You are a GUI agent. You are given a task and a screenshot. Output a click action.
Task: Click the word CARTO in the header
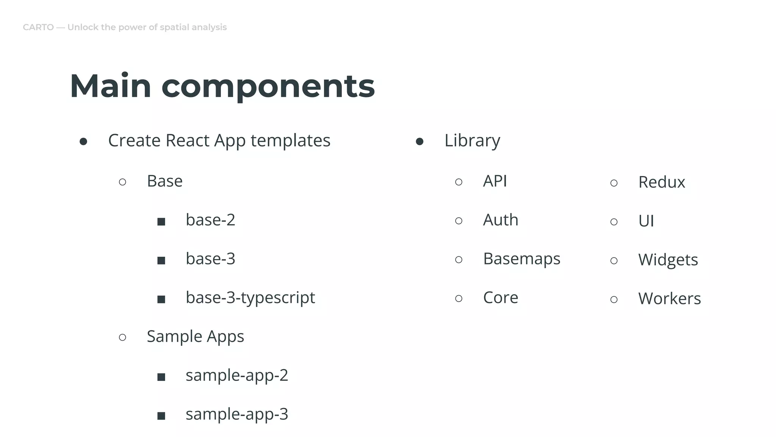[38, 27]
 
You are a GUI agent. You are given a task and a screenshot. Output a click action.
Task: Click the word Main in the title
[110, 86]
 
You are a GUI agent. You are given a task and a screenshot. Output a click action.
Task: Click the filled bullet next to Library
[419, 142]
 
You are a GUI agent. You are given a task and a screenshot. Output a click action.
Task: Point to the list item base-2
[210, 220]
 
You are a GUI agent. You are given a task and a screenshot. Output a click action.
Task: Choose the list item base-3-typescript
[250, 298]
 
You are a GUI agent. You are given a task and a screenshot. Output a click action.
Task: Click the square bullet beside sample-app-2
[161, 377]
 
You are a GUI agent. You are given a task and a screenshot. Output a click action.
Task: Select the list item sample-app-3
[237, 414]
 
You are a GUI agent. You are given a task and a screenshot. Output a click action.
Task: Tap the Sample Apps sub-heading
[195, 336]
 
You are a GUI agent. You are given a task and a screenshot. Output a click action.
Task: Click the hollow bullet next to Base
[122, 182]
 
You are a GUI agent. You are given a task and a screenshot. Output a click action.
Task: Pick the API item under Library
[495, 181]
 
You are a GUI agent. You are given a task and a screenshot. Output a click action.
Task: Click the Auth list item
[501, 220]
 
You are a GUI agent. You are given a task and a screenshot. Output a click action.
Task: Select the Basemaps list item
[521, 259]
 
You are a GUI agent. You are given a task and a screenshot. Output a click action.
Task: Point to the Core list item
[501, 298]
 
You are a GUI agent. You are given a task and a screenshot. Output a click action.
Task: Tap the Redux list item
[662, 182]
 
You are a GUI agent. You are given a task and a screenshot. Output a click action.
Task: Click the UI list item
[646, 221]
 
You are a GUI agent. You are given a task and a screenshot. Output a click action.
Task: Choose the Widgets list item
[668, 260]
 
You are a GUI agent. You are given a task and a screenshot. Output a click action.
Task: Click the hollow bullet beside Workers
[614, 300]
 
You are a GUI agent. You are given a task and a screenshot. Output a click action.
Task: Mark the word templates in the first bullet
[290, 140]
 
